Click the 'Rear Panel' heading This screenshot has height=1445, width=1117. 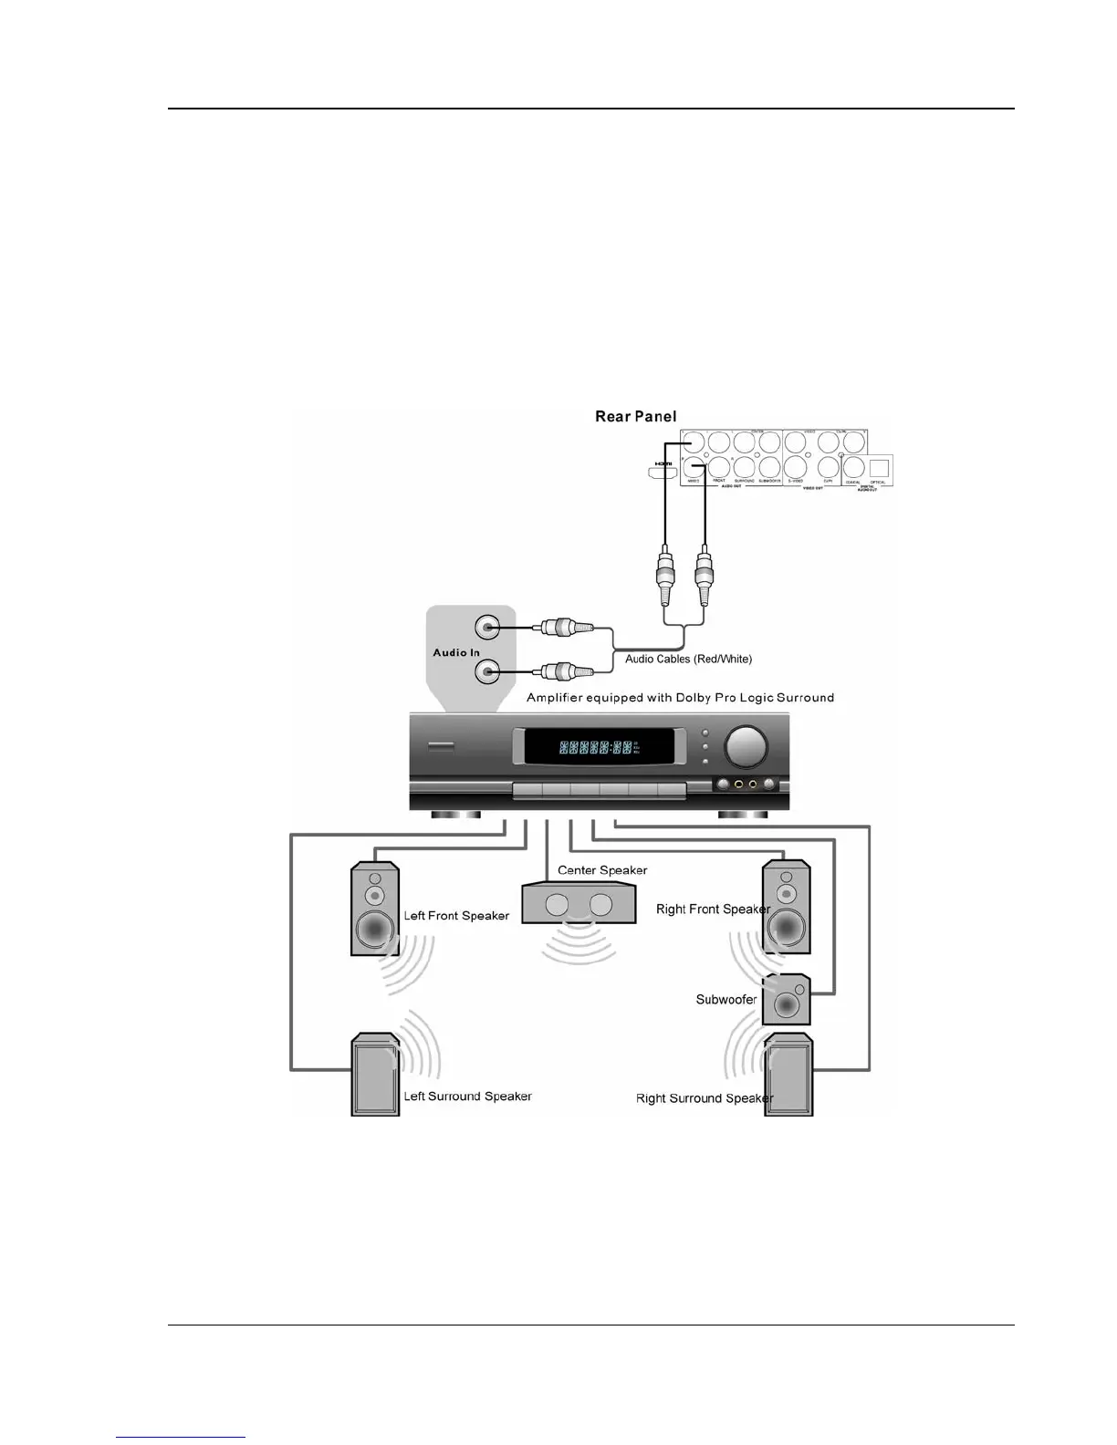click(x=635, y=417)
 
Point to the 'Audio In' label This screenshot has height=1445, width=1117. click(x=456, y=653)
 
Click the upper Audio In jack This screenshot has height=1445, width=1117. click(x=488, y=628)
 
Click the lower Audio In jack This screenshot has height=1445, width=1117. click(x=488, y=673)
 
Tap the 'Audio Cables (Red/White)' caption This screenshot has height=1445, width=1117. click(x=688, y=659)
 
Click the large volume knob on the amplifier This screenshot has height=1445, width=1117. click(x=746, y=744)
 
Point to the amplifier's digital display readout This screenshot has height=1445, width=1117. click(x=597, y=748)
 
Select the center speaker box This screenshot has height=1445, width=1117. click(x=579, y=904)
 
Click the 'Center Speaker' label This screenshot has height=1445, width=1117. click(x=602, y=870)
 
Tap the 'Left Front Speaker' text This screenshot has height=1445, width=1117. click(x=456, y=916)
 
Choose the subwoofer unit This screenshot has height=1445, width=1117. click(x=787, y=1000)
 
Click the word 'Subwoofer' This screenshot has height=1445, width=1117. click(x=726, y=1000)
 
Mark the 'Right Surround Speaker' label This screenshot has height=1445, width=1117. click(x=704, y=1098)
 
